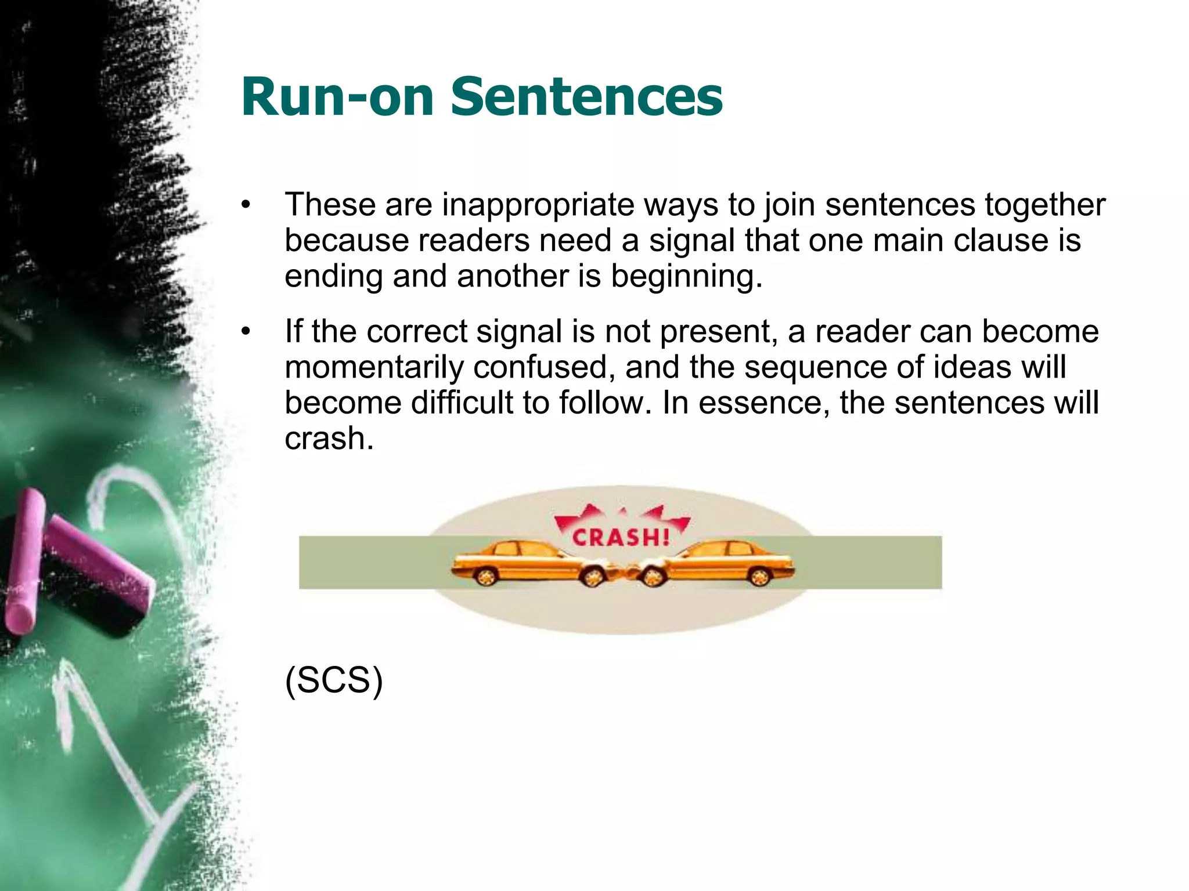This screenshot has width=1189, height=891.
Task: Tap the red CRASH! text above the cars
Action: coord(621,537)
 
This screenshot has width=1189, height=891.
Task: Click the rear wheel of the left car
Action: coord(485,576)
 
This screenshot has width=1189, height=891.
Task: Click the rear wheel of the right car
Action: coord(759,576)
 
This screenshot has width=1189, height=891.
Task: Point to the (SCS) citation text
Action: coord(334,680)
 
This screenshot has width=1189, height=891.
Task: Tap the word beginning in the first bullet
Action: coord(686,276)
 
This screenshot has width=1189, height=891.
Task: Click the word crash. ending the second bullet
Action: coord(329,439)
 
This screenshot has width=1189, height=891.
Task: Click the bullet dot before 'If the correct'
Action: coord(246,331)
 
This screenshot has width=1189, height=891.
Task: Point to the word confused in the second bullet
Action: coord(544,367)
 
